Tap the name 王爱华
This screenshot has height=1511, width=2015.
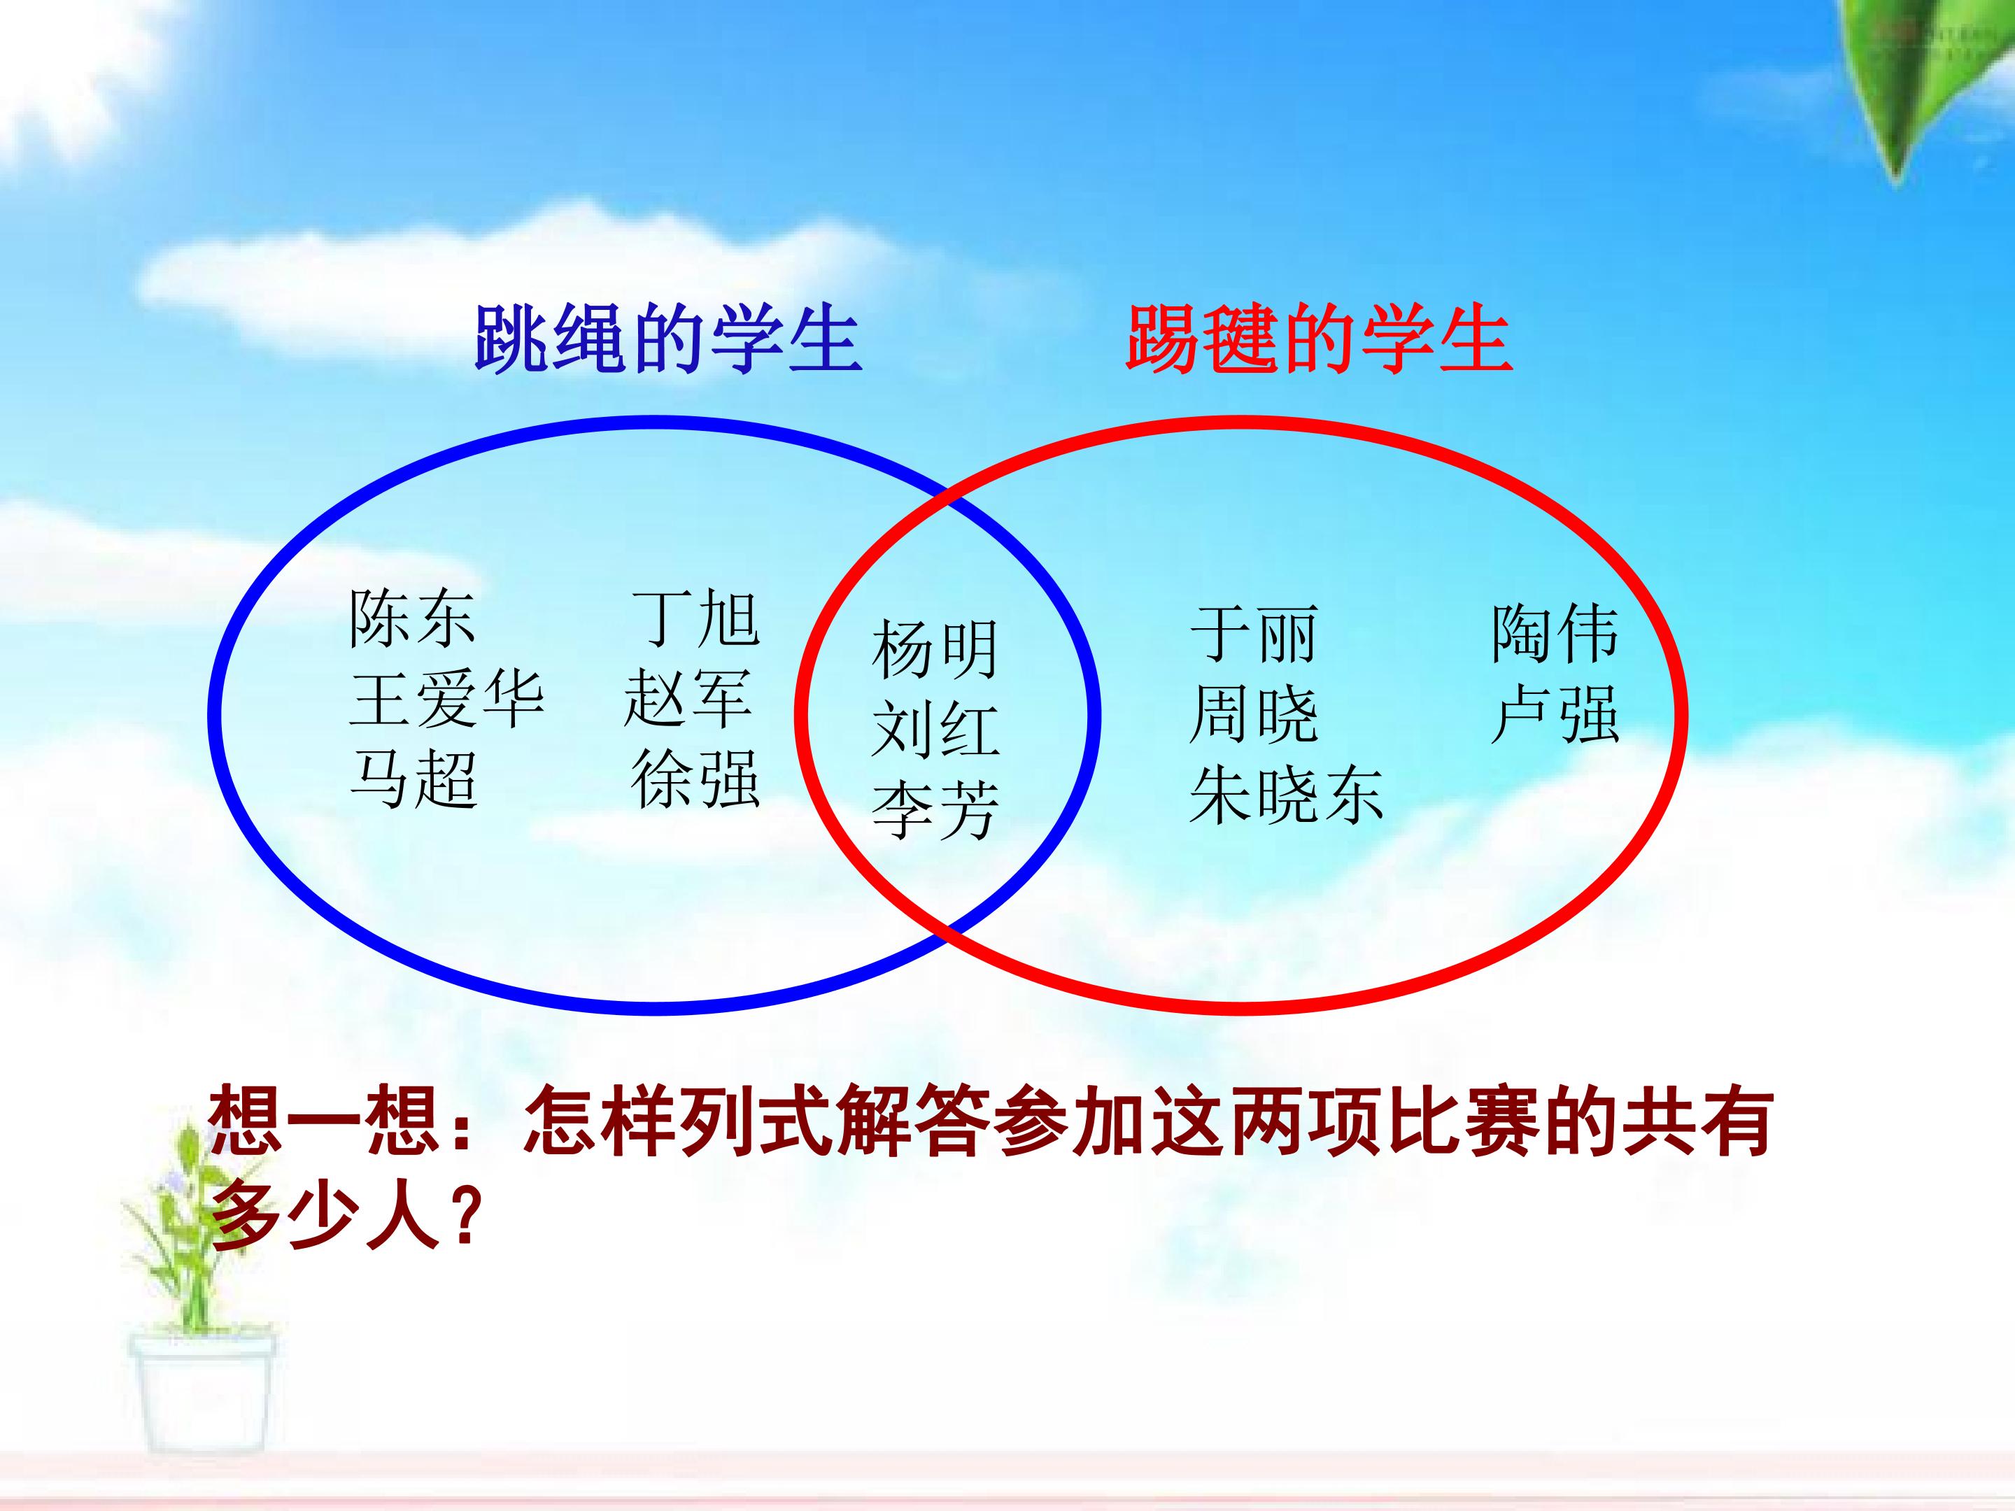(x=446, y=700)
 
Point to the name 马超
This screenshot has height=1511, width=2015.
(x=413, y=780)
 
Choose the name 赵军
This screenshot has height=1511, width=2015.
(x=688, y=700)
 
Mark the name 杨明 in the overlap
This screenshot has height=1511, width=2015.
(x=935, y=649)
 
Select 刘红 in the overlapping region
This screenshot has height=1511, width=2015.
(x=935, y=730)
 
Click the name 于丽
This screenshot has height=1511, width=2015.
(x=1254, y=634)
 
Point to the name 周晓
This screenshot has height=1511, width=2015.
(x=1254, y=715)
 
